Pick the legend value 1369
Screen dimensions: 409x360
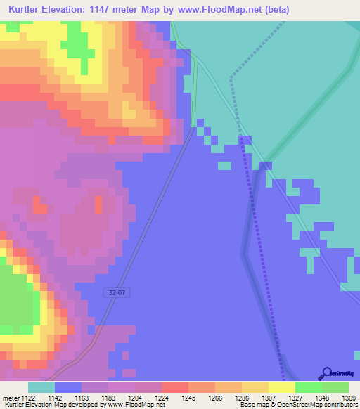pos(340,398)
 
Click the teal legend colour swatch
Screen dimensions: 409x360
pos(41,387)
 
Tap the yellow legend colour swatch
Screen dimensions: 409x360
pos(282,387)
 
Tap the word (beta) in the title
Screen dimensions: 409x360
pos(274,10)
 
